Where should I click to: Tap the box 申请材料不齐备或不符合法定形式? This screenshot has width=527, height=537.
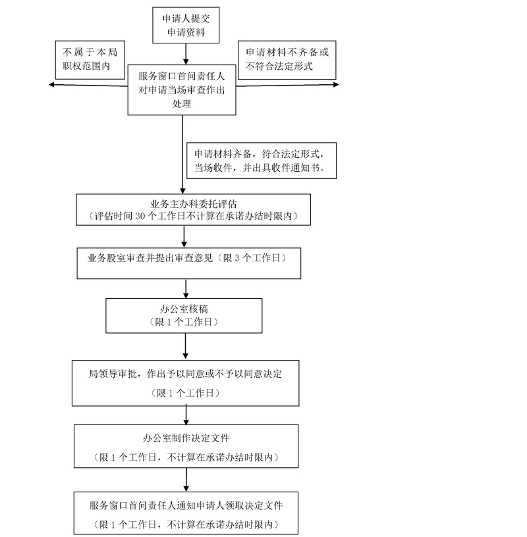point(287,60)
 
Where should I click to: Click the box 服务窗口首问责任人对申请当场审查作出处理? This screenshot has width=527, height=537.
point(182,91)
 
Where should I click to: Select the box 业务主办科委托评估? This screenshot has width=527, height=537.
point(193,210)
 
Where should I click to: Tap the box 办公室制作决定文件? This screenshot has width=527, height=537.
point(186,447)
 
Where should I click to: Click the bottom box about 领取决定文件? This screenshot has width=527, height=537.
point(186,514)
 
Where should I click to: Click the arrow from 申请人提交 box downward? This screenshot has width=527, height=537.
point(186,53)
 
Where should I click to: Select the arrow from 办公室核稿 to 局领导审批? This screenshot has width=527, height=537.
point(186,345)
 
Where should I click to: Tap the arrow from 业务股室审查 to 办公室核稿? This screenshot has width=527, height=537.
point(186,288)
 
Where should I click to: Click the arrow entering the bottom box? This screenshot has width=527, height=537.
point(186,481)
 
